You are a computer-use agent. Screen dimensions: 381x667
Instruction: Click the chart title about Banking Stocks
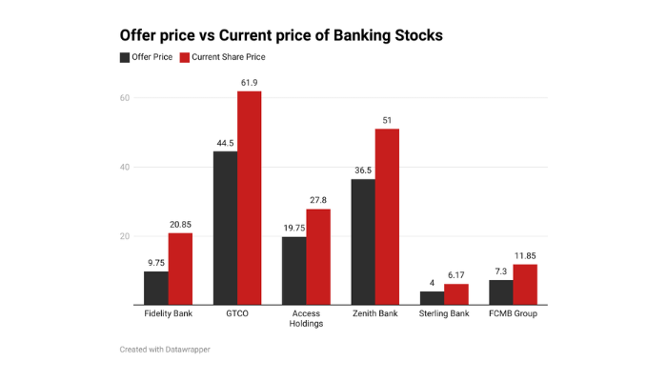point(280,34)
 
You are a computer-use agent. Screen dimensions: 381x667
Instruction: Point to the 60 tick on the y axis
point(124,98)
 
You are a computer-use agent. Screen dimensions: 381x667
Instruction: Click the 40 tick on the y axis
point(124,167)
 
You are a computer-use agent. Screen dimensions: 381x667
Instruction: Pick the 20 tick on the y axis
point(124,236)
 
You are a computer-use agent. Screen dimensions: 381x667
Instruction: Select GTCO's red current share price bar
point(249,197)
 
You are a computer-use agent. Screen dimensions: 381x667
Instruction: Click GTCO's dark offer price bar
point(225,228)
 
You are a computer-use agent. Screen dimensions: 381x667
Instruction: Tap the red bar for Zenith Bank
point(387,216)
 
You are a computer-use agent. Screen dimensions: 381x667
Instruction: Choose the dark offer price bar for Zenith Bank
point(363,242)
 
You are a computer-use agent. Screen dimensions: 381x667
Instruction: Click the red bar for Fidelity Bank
point(180,269)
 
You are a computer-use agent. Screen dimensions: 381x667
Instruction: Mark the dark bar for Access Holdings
point(293,271)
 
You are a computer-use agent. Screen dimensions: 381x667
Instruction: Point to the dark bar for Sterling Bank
point(432,298)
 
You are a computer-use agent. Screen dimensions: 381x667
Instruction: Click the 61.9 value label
point(249,82)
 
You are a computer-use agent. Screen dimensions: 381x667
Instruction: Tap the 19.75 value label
point(293,228)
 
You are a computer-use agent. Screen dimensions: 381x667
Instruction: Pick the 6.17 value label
point(455,274)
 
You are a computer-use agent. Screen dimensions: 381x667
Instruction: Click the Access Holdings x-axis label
point(306,317)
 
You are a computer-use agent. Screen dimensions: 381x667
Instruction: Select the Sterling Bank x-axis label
point(444,312)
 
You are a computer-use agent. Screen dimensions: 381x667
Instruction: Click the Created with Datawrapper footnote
point(165,350)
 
